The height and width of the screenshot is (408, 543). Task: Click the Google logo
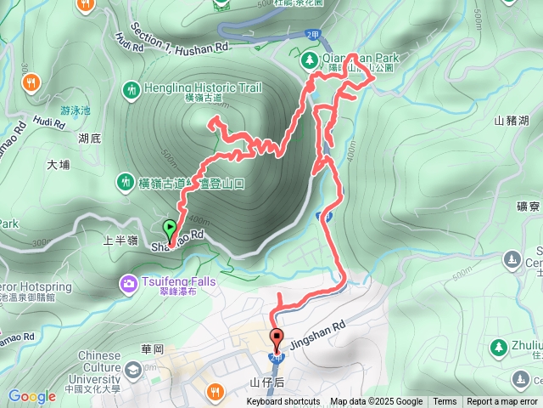click(x=31, y=396)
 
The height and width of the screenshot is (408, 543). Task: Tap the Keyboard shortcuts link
click(x=283, y=402)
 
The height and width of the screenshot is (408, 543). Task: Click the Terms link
click(x=445, y=402)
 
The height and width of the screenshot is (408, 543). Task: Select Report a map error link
click(x=502, y=402)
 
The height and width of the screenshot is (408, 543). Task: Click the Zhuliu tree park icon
click(x=499, y=346)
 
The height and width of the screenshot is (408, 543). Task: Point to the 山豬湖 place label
click(x=512, y=120)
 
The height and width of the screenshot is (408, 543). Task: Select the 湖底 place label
click(x=89, y=137)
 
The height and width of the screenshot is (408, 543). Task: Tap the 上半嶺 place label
click(x=120, y=241)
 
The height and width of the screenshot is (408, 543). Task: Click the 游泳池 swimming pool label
click(x=73, y=110)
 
